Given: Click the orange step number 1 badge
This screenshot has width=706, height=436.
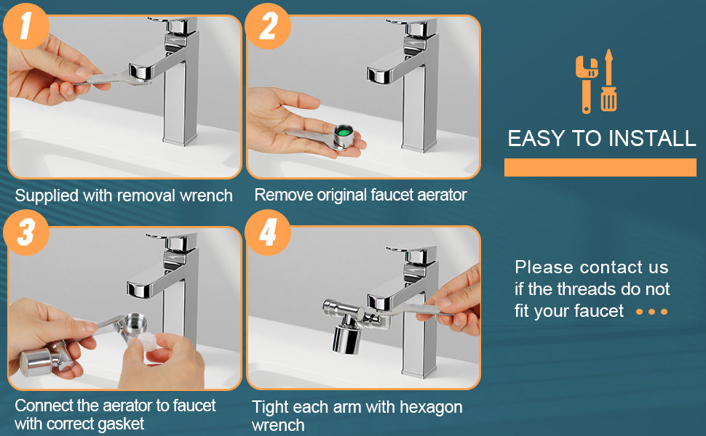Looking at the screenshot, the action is click(x=25, y=25).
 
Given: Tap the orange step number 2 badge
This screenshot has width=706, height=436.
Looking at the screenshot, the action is click(x=268, y=25).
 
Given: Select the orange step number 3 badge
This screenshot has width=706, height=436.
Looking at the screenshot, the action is click(x=25, y=233).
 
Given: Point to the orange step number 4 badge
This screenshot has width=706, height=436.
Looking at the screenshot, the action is click(x=268, y=233).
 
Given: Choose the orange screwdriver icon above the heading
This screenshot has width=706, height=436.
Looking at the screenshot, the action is click(x=608, y=81).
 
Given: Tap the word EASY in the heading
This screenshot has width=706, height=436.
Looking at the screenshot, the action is click(x=536, y=139).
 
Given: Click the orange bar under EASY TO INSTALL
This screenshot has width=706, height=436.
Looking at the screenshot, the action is click(x=600, y=167).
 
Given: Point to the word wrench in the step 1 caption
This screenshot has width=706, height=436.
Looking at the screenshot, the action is click(x=206, y=195).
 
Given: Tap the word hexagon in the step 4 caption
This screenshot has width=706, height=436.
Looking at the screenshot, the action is click(x=431, y=407).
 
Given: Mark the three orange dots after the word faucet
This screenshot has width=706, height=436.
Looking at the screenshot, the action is click(x=651, y=312).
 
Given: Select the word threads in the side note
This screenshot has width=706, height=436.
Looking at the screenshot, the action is click(x=587, y=289).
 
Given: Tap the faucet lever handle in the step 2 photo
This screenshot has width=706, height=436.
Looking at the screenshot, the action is click(x=411, y=27).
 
